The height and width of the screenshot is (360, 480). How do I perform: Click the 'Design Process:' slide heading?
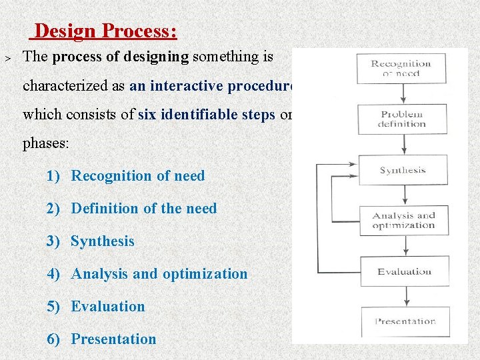(x=105, y=31)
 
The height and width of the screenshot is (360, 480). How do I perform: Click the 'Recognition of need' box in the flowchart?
(x=401, y=68)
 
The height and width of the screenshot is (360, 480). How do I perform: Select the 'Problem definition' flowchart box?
(x=402, y=119)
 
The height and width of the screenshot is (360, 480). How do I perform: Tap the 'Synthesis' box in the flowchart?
(x=403, y=170)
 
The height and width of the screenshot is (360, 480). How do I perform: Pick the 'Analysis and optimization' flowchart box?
(x=403, y=220)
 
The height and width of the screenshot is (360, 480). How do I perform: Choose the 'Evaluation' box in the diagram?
(x=404, y=271)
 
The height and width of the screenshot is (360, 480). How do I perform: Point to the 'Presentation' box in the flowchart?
(x=405, y=321)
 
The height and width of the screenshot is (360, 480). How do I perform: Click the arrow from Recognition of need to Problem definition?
(x=402, y=93)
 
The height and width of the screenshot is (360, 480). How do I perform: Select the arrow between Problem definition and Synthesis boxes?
(x=403, y=144)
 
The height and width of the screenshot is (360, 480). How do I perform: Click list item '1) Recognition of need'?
(x=126, y=176)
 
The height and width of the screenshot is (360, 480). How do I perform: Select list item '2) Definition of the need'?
(x=132, y=209)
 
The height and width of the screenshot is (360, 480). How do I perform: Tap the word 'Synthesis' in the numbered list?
(x=103, y=241)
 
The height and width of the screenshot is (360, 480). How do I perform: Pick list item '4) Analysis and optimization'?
(x=147, y=274)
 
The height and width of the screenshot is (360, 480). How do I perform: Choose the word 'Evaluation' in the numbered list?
(x=108, y=307)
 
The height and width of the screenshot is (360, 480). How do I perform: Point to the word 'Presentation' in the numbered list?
(x=113, y=339)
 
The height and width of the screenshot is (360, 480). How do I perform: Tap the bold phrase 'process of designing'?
(x=121, y=57)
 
